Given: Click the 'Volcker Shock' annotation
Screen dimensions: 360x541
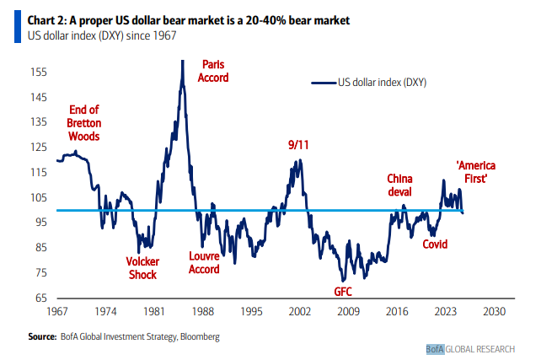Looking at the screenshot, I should [142, 267].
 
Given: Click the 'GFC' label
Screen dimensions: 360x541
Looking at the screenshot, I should [342, 292].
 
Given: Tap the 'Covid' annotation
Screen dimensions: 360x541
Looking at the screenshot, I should [435, 244].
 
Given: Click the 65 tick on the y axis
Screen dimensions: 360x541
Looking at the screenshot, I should [40, 298].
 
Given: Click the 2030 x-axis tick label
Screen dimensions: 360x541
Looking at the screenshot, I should [494, 312].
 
